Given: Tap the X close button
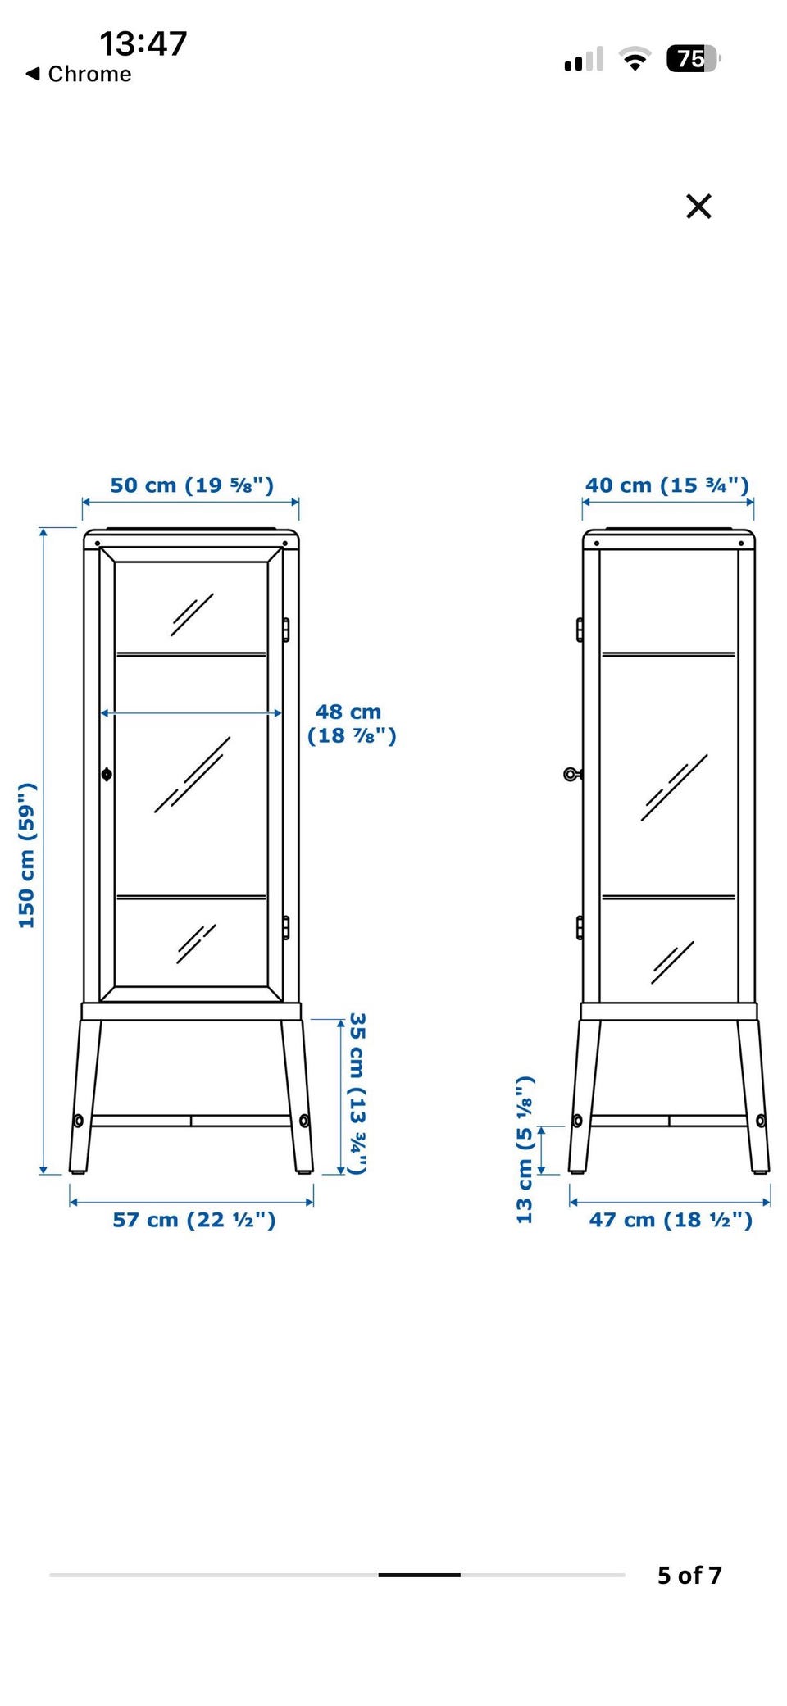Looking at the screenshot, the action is (698, 207).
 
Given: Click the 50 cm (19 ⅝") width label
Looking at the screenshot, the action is (192, 485).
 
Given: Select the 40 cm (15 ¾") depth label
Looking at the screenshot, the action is (667, 485).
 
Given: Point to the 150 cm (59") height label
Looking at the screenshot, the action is (27, 855).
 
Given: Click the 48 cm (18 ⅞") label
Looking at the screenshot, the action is (352, 724).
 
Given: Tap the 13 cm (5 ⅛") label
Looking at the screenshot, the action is (525, 1150).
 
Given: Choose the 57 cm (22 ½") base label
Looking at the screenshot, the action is (194, 1220).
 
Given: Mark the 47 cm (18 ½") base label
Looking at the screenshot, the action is (671, 1220).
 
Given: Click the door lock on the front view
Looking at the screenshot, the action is (107, 774).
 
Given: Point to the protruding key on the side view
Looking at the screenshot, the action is (572, 774).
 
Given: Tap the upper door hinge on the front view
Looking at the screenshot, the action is (286, 630).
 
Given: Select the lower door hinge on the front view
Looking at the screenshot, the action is (286, 928).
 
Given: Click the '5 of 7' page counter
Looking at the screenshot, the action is (689, 1575).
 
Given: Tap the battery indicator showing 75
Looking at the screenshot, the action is (694, 59).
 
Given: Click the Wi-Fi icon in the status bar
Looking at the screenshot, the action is (635, 59).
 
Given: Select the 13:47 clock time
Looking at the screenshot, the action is (143, 43).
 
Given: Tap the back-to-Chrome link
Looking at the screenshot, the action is (79, 74).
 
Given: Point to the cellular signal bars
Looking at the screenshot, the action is (584, 59).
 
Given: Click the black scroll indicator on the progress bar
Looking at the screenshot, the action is (419, 1575).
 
